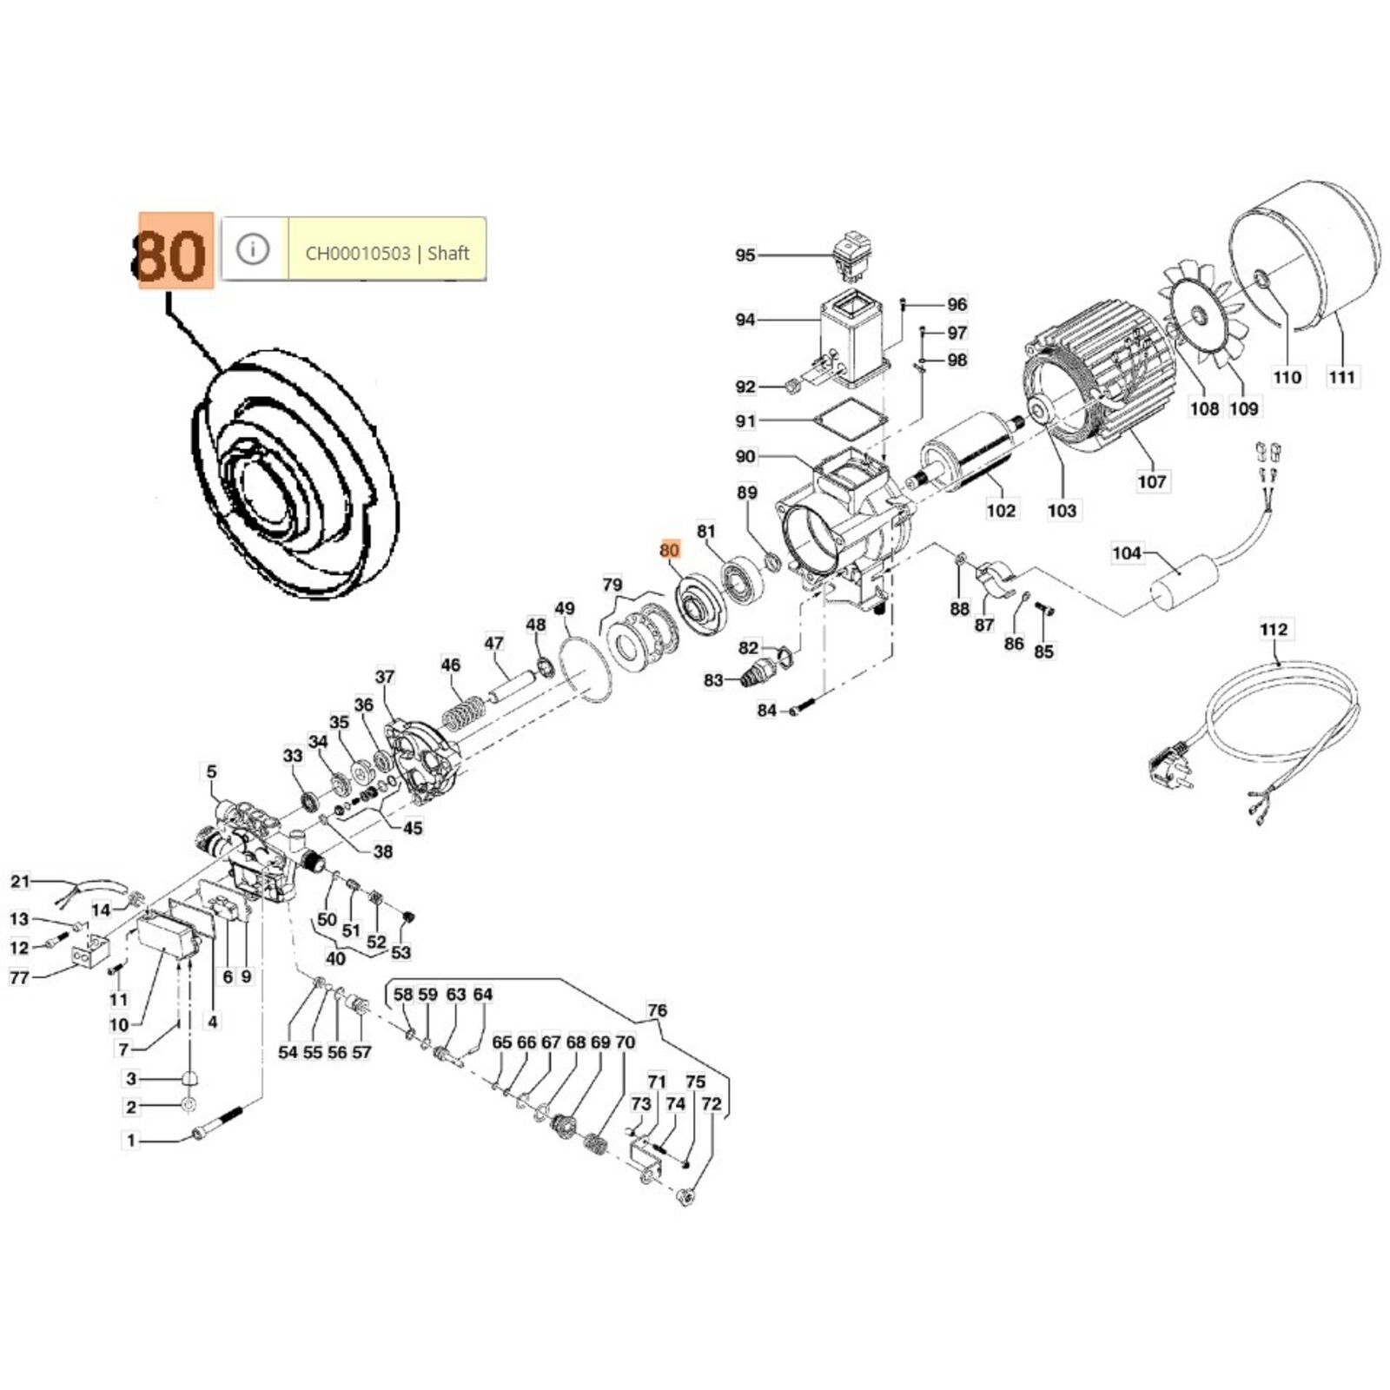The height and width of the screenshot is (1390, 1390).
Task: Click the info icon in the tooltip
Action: (253, 249)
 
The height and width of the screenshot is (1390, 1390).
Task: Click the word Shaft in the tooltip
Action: (448, 254)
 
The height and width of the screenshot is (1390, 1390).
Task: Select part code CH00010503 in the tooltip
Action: (358, 254)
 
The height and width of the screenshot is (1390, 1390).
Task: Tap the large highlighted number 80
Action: (175, 251)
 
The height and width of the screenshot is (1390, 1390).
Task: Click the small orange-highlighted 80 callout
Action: (669, 550)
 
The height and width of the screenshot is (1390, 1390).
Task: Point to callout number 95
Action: (745, 255)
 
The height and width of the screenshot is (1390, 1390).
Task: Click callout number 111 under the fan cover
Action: (1341, 377)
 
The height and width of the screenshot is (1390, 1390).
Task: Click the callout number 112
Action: (1274, 629)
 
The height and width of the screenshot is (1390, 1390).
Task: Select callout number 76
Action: (658, 1010)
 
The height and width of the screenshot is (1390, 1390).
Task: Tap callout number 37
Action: (385, 676)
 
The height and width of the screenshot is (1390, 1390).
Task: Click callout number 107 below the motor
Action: (1152, 480)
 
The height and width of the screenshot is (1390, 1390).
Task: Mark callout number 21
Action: (20, 882)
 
